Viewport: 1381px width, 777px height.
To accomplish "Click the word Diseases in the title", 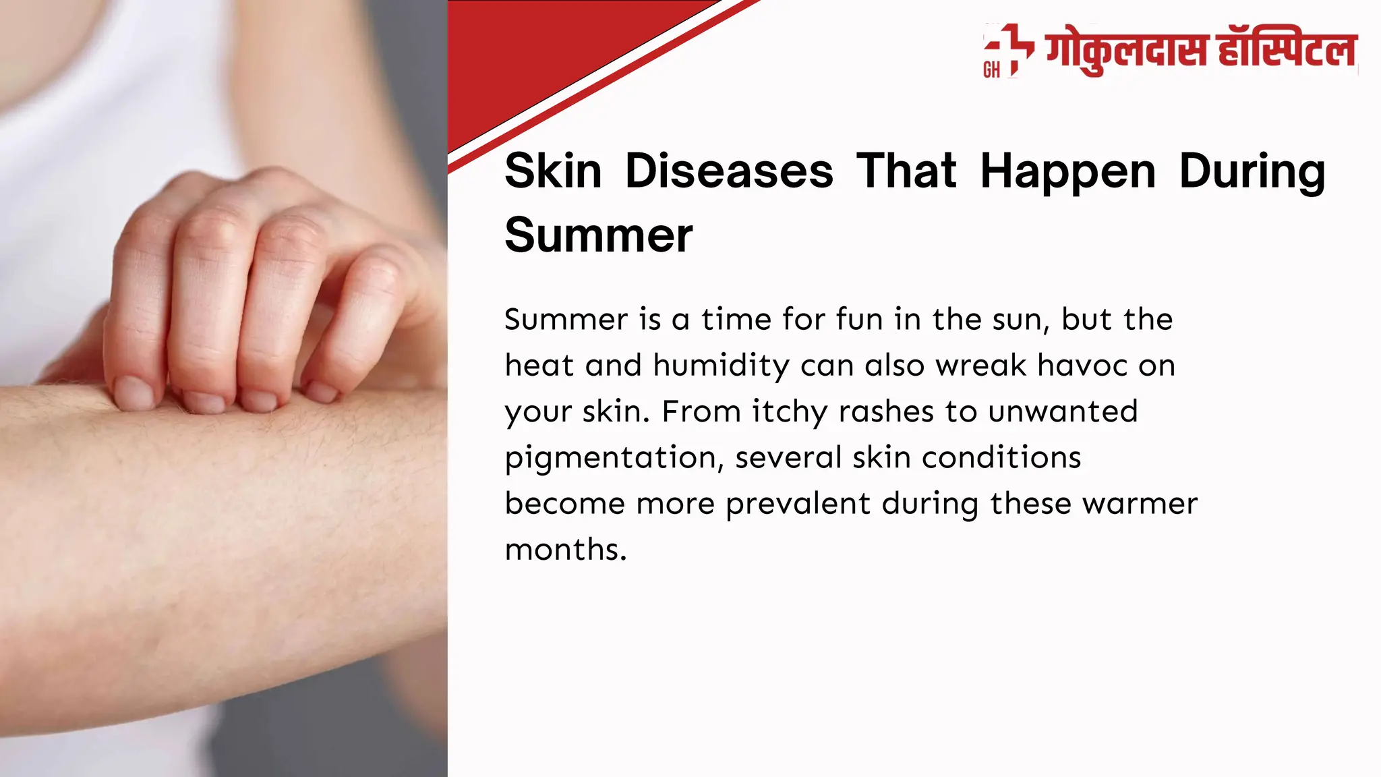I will [x=729, y=171].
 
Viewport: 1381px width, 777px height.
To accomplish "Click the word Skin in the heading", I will [x=553, y=171].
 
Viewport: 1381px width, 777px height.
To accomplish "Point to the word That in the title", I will [x=906, y=171].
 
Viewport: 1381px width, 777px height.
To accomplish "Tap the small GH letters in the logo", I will [x=991, y=70].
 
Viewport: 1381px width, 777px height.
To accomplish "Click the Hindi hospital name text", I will [x=1201, y=51].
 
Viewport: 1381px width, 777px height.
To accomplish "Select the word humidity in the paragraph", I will [x=721, y=366].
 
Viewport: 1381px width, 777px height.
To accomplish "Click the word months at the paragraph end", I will [x=565, y=550].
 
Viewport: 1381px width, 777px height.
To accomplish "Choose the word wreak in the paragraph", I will [x=980, y=366].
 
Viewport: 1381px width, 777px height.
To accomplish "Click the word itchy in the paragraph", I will [x=790, y=412].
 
